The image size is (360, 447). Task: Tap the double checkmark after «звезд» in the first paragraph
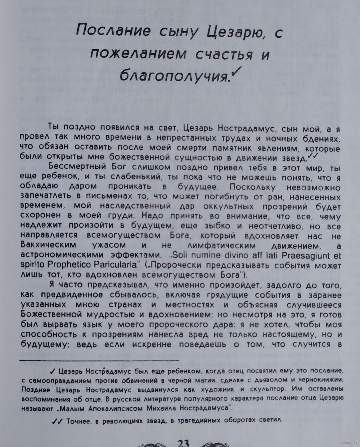click(x=312, y=155)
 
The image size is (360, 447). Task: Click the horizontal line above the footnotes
click(x=99, y=360)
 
